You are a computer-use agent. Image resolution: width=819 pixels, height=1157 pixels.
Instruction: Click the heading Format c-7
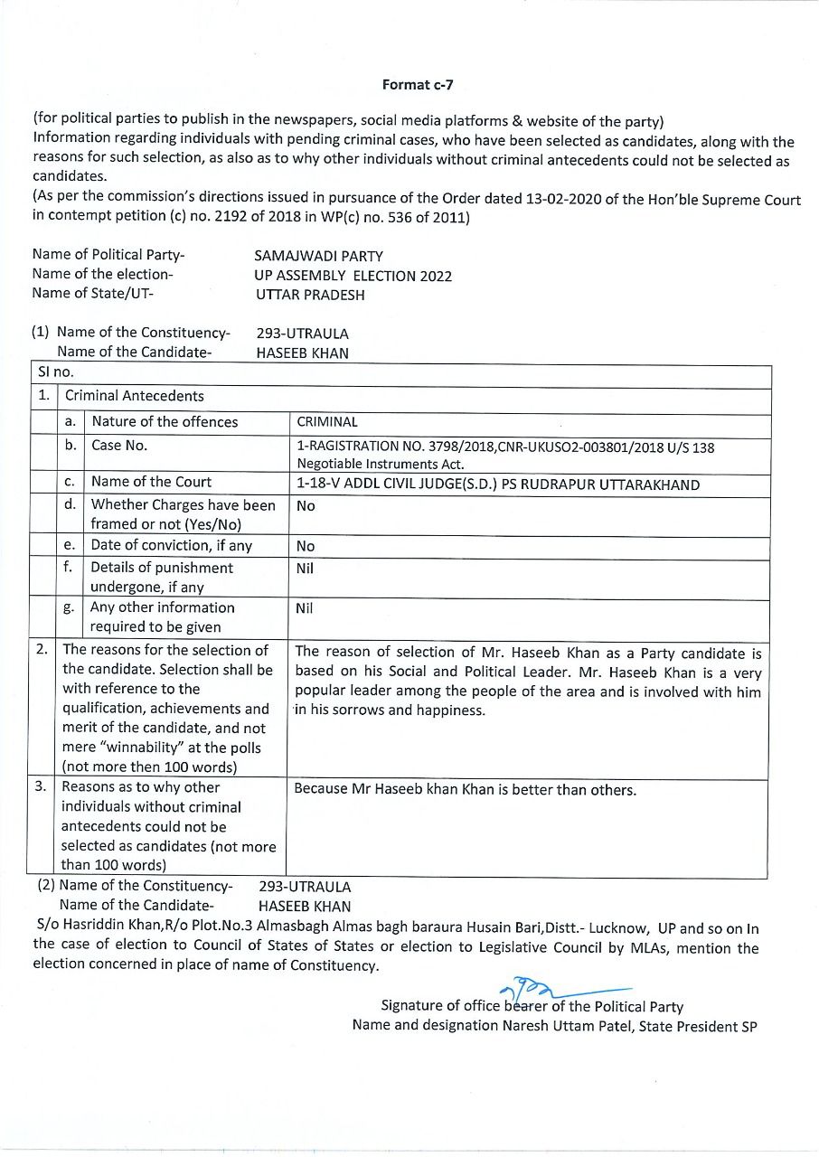coord(417,84)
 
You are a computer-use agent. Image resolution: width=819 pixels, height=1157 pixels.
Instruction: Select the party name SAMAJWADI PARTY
coord(318,256)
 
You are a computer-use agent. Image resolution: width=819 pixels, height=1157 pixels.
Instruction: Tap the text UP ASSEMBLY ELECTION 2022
coord(353,276)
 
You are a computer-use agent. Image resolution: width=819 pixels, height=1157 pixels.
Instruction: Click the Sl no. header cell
coord(56,372)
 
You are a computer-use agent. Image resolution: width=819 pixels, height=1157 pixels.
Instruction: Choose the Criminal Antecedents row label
coord(135,395)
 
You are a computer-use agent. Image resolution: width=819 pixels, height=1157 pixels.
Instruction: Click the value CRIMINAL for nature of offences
coord(327,421)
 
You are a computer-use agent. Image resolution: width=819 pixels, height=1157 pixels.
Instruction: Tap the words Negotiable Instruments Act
coord(380,465)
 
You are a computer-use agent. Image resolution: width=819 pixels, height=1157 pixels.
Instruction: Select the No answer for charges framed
coord(306,506)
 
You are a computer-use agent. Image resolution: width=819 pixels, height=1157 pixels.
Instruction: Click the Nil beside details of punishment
coord(305,569)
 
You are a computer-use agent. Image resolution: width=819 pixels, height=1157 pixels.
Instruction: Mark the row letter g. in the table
coord(69,608)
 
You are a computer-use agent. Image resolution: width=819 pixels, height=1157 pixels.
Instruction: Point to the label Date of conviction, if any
coord(172,545)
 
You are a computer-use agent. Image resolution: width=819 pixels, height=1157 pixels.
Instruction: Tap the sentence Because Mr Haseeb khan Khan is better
coord(466,789)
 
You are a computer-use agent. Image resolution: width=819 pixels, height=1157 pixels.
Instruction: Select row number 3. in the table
coord(41,786)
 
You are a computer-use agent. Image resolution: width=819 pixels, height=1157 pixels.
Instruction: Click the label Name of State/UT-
coord(93,293)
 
